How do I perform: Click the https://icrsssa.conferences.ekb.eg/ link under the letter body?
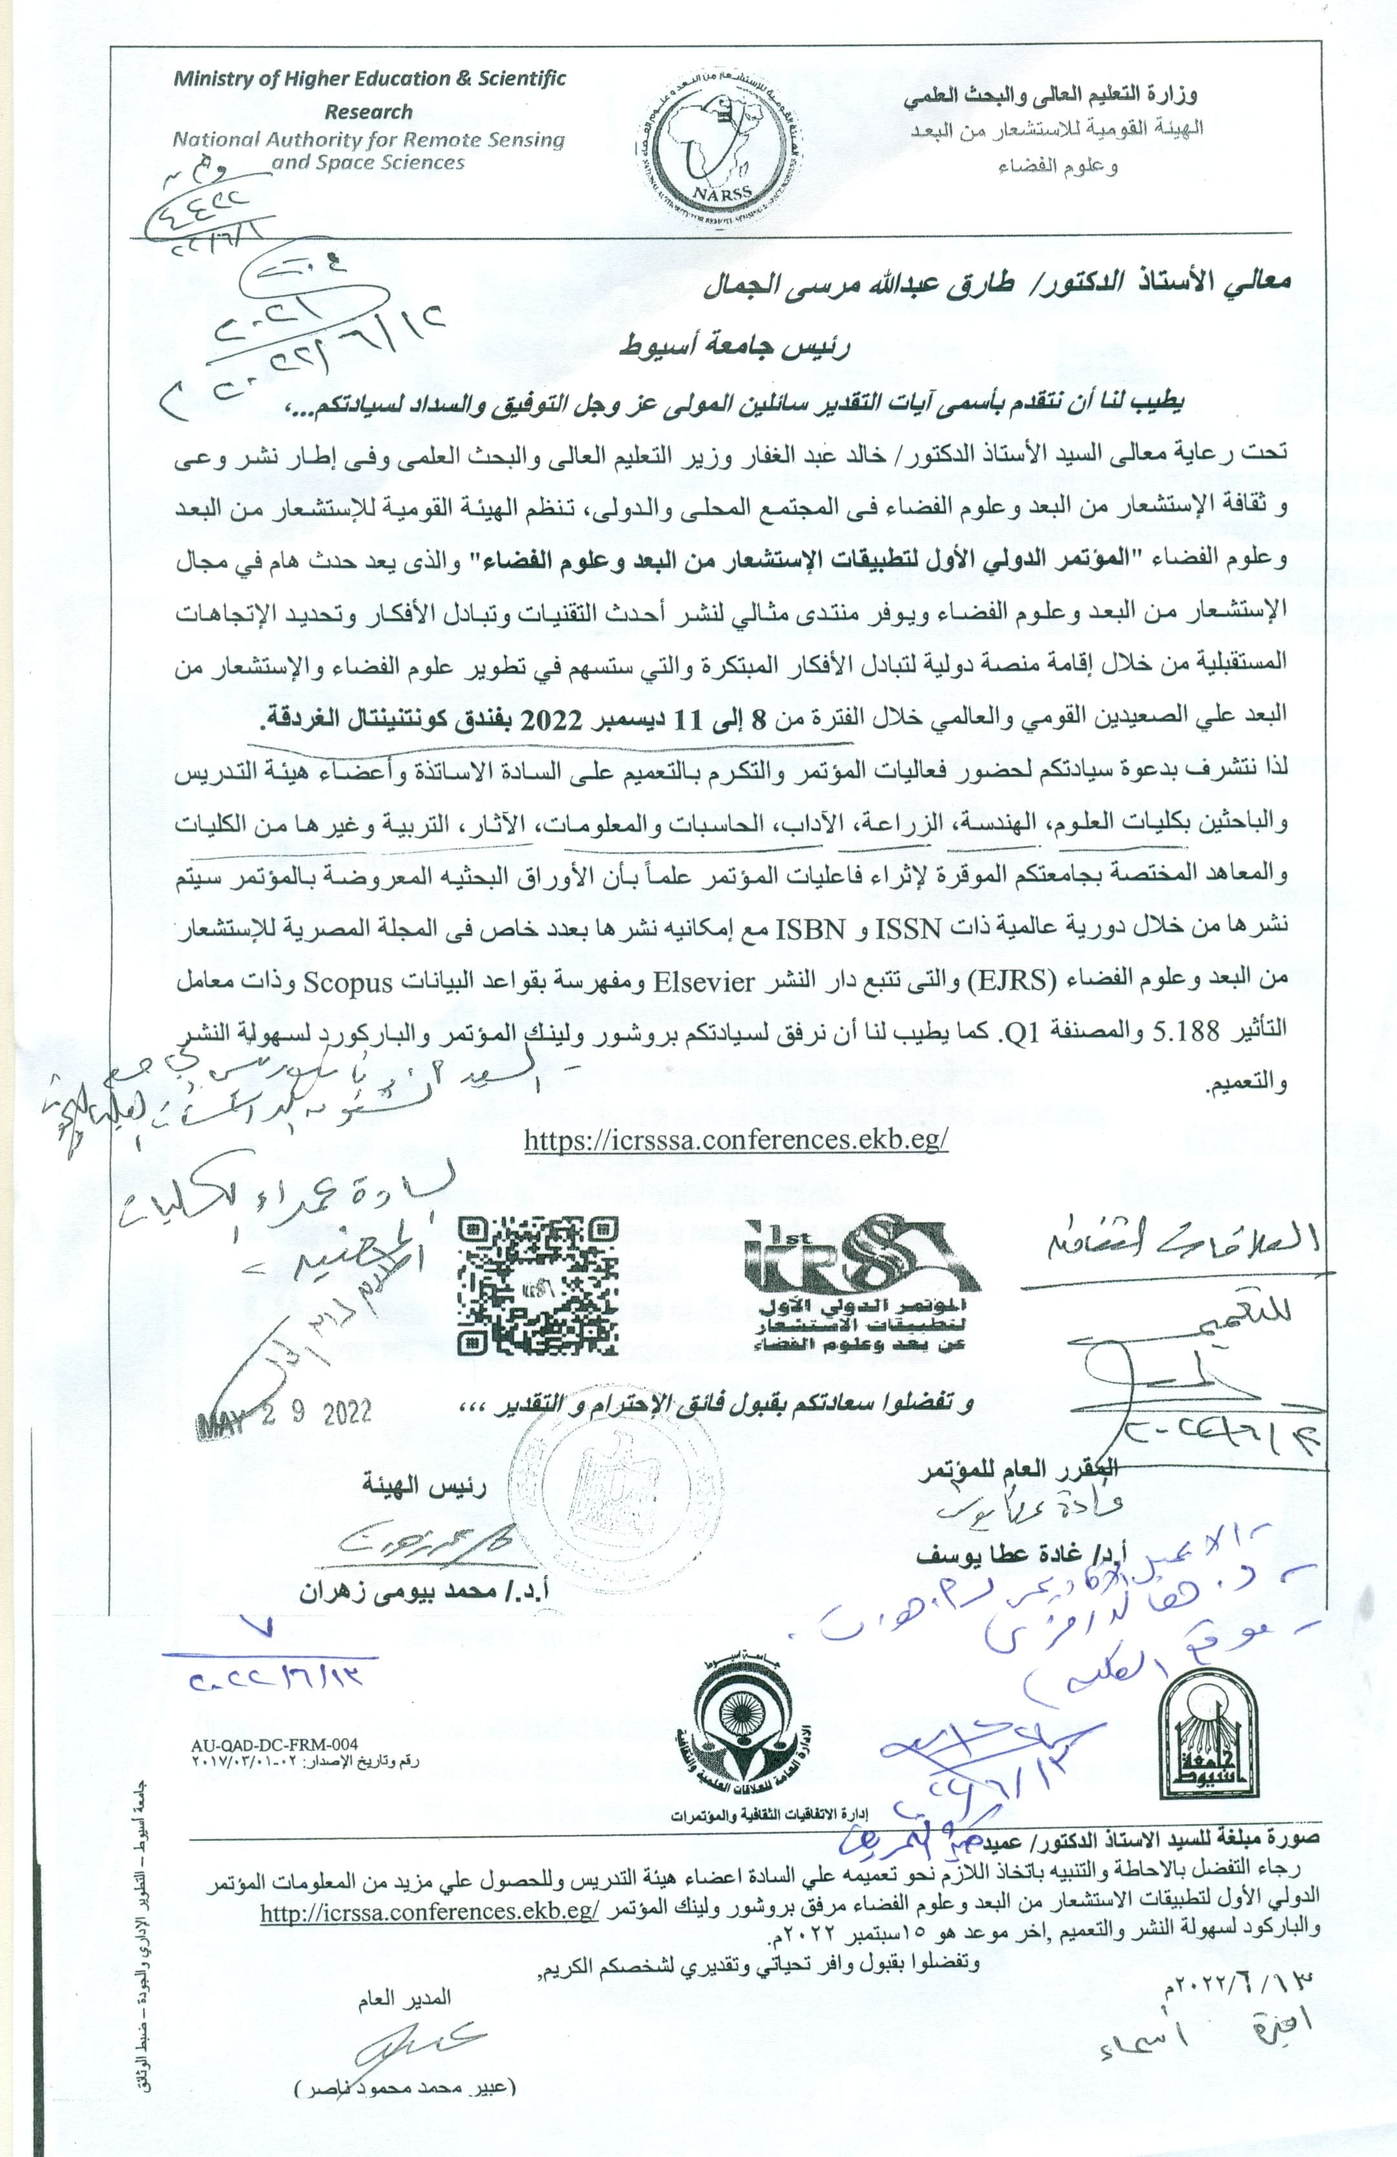pyautogui.click(x=736, y=1139)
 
